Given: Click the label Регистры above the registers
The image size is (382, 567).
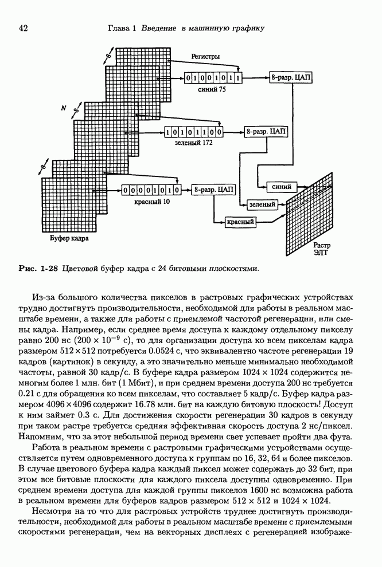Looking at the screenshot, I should point(206,56).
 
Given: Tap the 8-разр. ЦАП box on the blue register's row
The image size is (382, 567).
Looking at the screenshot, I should point(291,77).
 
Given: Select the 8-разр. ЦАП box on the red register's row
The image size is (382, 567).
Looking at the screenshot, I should point(213,189).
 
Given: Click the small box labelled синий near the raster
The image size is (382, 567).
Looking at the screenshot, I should point(282,187).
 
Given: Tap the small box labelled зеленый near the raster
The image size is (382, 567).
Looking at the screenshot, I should point(262,204).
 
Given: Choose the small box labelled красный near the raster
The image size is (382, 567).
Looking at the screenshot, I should point(240,221).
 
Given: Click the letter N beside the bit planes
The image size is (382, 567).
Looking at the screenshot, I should point(65,108).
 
